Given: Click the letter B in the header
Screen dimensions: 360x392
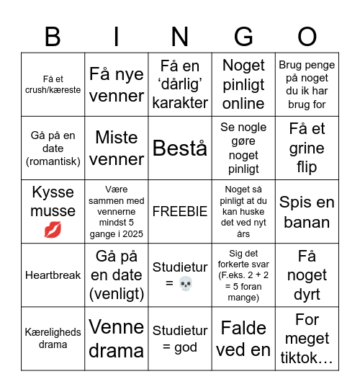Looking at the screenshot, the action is point(53,36).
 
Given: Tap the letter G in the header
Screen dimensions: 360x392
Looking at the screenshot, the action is point(244,36).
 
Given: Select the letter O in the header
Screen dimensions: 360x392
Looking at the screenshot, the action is point(307,36).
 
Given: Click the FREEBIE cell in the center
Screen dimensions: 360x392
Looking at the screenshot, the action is point(180,212).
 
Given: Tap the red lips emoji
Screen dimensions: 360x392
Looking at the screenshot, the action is point(53,231).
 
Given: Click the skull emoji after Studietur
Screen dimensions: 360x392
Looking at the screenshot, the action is point(185,283).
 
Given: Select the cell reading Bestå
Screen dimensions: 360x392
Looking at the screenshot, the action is point(180,148).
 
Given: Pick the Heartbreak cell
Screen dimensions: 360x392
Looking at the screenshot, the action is point(53,275).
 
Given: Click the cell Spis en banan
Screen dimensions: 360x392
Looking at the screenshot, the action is point(307,212).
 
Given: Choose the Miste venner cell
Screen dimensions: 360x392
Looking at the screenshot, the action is point(117,148).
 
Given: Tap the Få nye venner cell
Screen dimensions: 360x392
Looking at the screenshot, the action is point(117,85).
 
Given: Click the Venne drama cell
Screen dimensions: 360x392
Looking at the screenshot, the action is point(117,339).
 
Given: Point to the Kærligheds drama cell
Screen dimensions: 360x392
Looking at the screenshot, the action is point(53,339).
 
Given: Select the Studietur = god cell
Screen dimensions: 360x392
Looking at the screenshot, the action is point(180,339).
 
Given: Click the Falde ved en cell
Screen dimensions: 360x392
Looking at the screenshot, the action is point(244,339).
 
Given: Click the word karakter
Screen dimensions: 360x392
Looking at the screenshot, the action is point(180,103).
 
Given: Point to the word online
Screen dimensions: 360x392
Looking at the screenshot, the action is point(244,104).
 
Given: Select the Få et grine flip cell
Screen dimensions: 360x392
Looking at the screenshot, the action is point(307,148).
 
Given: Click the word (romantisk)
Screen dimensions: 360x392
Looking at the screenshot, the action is point(53,161).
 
